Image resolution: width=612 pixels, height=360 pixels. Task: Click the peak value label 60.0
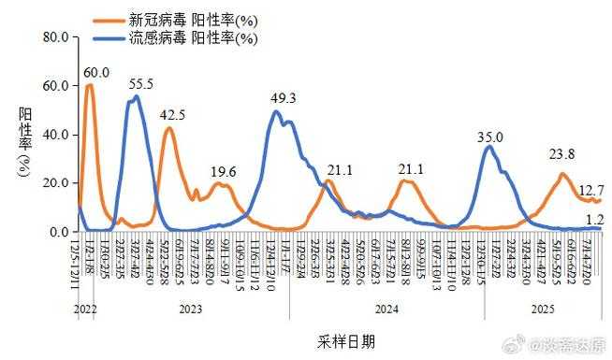(x=96, y=73)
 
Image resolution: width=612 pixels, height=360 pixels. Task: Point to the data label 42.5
(x=172, y=115)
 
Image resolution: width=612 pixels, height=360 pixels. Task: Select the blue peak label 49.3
(x=284, y=98)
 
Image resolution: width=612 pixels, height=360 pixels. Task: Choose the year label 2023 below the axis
(x=190, y=308)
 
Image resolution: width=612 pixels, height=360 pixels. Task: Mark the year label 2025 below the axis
(x=540, y=308)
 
